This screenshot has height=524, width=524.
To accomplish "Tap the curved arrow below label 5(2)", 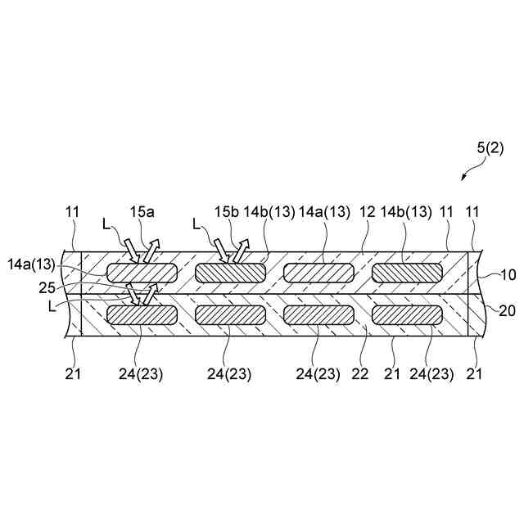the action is [x=470, y=170].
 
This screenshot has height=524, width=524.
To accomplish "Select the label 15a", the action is [x=142, y=211].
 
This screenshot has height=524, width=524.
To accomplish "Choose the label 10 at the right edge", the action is [x=508, y=275].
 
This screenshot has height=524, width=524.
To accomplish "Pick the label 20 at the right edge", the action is [x=508, y=310].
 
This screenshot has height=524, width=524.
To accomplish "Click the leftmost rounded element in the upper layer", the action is [x=141, y=273].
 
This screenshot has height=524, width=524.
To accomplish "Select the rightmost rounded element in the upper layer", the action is [x=408, y=273].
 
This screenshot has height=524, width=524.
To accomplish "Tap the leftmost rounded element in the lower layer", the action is [x=141, y=314].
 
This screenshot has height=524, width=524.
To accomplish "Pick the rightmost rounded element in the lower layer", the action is [x=408, y=314].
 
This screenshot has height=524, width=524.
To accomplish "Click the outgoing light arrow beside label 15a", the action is [x=151, y=251].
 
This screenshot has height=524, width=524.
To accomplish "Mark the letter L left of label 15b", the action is [x=196, y=223].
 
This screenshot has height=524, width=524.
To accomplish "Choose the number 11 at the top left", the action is [x=72, y=211].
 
